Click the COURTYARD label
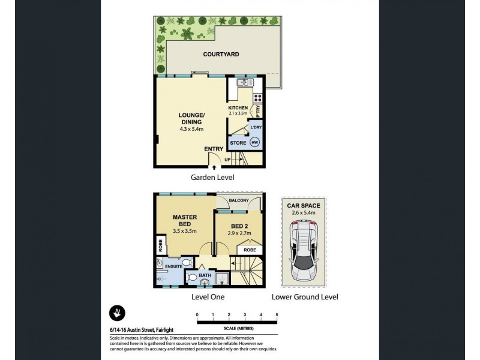pyautogui.click(x=222, y=54)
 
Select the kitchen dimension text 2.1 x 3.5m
pyautogui.click(x=238, y=113)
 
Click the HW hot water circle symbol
pyautogui.click(x=254, y=143)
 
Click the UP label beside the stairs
pyautogui.click(x=228, y=159)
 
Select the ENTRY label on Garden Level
pyautogui.click(x=214, y=149)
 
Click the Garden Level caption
pyautogui.click(x=212, y=178)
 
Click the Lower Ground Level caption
pyautogui.click(x=305, y=296)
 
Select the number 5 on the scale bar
pyautogui.click(x=277, y=314)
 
